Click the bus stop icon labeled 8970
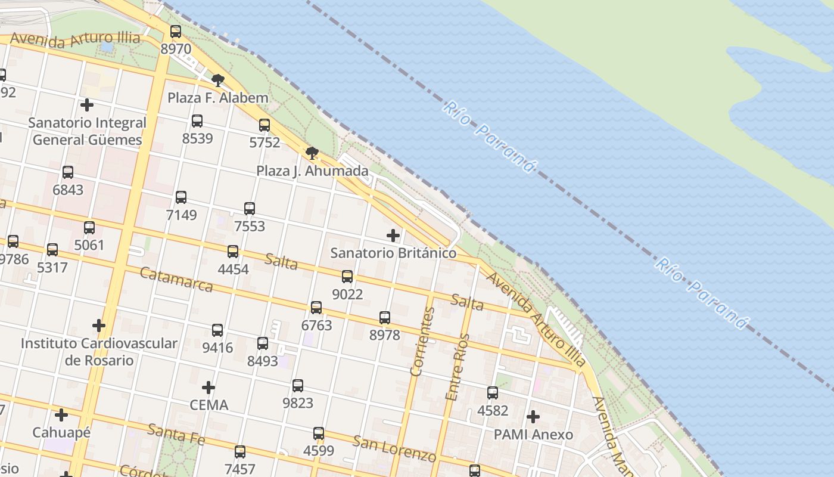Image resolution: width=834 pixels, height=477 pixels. point(176,32)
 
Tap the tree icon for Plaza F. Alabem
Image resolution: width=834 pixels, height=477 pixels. point(218,80)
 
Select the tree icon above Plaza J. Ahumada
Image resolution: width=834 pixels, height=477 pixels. point(312,153)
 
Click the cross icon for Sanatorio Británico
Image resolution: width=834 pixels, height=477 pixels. point(393,236)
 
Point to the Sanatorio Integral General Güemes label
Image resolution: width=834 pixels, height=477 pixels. point(87,131)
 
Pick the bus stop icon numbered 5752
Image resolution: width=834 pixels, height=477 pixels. point(264,125)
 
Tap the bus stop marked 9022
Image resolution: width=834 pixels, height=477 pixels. point(347,277)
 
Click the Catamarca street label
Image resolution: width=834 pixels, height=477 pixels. point(176,280)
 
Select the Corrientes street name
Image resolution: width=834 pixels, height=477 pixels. point(422,341)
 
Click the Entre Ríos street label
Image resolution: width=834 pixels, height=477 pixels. point(458,367)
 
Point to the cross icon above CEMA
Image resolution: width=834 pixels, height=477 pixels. point(208,388)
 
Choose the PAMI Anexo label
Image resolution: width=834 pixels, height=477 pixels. point(533,435)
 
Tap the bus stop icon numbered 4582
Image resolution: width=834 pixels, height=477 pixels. point(493,393)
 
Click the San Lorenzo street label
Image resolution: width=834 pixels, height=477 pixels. point(394,449)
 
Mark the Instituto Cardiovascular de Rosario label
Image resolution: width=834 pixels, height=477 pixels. point(99,352)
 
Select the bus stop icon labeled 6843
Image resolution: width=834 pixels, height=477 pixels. point(68,172)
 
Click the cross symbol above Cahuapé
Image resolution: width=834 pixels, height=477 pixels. point(61,414)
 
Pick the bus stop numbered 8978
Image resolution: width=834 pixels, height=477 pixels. point(385,318)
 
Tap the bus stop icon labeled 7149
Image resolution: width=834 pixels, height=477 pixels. point(181,197)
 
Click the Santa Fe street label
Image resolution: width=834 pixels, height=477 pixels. point(176,435)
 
